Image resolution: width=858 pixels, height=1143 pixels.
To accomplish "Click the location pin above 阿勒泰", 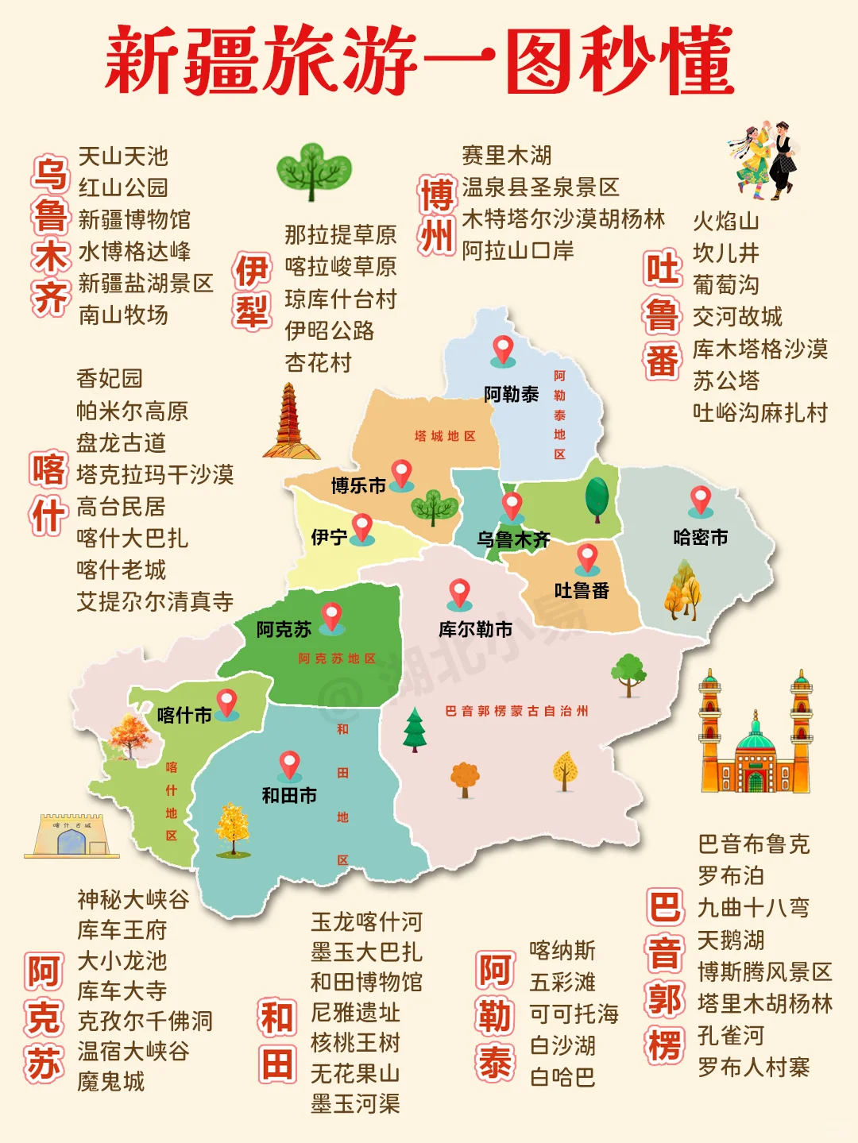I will pyautogui.click(x=503, y=349).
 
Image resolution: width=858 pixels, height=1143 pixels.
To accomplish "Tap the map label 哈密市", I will pyautogui.click(x=700, y=538).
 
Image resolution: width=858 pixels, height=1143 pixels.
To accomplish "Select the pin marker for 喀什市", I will pyautogui.click(x=227, y=703).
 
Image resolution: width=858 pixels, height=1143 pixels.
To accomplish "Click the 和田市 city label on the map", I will pyautogui.click(x=289, y=795).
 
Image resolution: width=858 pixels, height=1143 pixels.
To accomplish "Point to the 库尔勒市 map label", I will pyautogui.click(x=475, y=630).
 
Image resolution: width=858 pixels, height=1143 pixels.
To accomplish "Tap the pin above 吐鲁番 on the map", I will pyautogui.click(x=587, y=558).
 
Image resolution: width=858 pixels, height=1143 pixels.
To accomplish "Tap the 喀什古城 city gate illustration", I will pyautogui.click(x=71, y=836).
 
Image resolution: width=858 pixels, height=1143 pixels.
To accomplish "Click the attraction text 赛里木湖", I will pyautogui.click(x=506, y=156).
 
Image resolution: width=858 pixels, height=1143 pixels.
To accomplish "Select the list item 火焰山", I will pyautogui.click(x=725, y=221).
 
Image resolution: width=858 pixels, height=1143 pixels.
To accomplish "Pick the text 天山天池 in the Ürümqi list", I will pyautogui.click(x=123, y=156).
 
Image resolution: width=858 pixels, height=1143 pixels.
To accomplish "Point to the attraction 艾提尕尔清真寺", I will pyautogui.click(x=155, y=601).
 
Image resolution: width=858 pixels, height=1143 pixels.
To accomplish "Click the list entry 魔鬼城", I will pyautogui.click(x=111, y=1081).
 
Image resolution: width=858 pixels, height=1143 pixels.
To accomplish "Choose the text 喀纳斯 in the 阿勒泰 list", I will pyautogui.click(x=562, y=950).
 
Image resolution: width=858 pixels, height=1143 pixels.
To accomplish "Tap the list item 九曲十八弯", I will pyautogui.click(x=753, y=907).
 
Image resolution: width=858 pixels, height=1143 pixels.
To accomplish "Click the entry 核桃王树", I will pyautogui.click(x=355, y=1042).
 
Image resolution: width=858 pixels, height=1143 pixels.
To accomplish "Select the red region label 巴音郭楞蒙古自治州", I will pyautogui.click(x=516, y=711).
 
